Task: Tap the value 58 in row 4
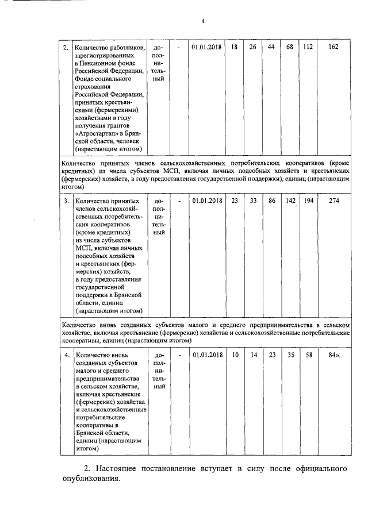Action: (x=308, y=355)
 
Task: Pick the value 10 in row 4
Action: (x=235, y=355)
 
